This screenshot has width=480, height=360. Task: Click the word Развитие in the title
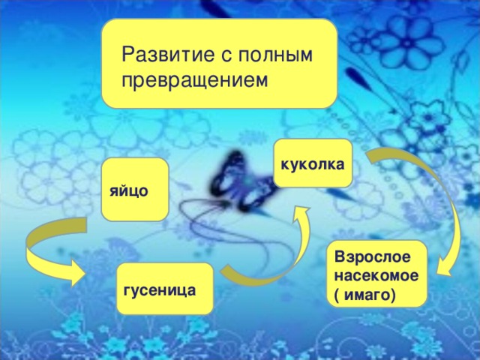[x=166, y=55]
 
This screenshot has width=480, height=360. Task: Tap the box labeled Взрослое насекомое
[x=380, y=274]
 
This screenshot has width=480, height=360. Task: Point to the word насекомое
[x=380, y=275]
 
